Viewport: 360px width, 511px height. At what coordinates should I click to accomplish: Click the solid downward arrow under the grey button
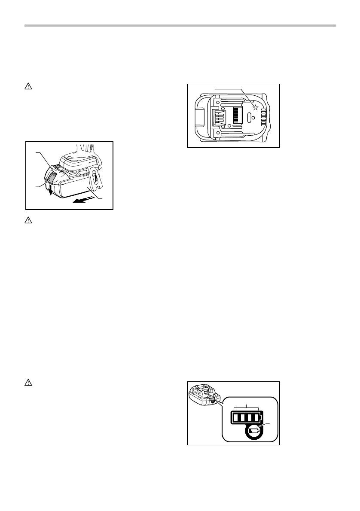coord(50,190)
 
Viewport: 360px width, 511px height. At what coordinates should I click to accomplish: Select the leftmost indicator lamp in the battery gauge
coord(235,417)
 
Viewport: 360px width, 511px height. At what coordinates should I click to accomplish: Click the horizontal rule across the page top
coord(180,26)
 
